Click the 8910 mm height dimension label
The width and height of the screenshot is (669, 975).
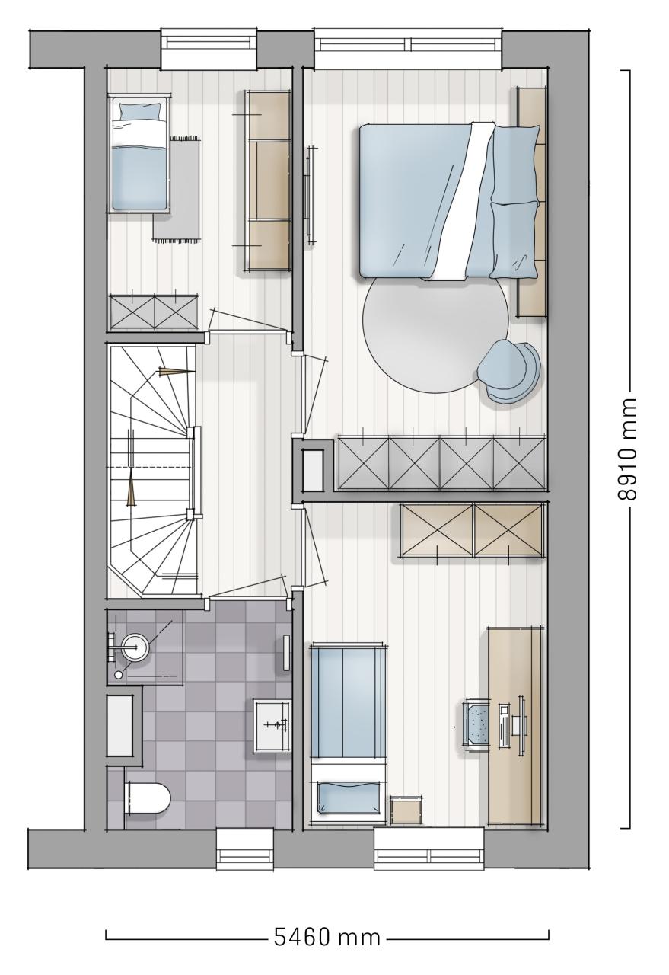click(x=627, y=449)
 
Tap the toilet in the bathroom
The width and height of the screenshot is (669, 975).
click(x=147, y=798)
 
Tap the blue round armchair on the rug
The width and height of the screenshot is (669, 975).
click(x=509, y=369)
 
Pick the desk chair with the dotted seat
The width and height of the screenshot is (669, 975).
click(x=476, y=724)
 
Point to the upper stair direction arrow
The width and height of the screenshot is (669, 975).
click(x=176, y=371)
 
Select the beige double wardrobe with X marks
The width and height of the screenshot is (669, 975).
click(x=472, y=529)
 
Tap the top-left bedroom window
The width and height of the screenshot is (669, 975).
click(x=209, y=49)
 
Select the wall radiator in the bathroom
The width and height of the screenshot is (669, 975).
click(x=287, y=653)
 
